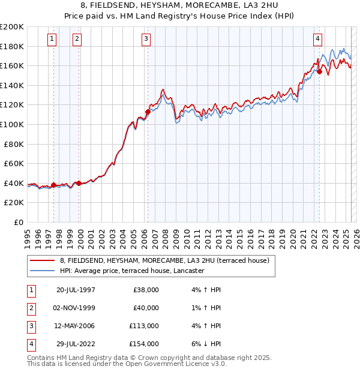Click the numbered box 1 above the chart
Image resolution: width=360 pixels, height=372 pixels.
52,40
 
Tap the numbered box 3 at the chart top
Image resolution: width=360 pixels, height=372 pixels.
146,40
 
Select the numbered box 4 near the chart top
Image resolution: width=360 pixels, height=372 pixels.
317,40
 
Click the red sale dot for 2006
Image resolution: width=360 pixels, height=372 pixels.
148,111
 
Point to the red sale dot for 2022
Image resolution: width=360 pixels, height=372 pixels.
320,71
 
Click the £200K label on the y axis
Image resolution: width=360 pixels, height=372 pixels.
12,27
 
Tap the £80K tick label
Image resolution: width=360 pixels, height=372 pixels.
14,144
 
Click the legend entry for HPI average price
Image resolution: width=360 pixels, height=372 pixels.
132,271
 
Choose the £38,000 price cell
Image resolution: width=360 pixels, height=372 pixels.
146,290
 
